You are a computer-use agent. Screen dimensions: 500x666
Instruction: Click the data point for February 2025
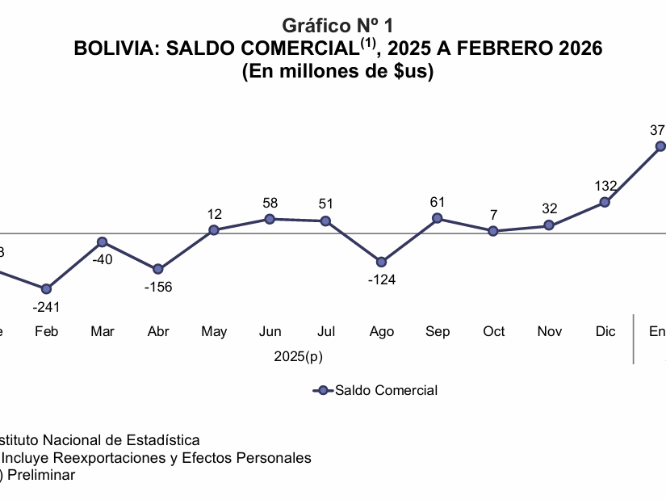pos(46,289)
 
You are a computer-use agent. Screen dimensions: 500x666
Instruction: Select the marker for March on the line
pos(103,242)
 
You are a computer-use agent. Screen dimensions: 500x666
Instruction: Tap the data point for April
pos(158,269)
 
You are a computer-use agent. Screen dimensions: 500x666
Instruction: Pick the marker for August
pos(382,263)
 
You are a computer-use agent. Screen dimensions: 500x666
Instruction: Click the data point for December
pos(605,202)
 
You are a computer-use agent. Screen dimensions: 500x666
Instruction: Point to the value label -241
pos(46,307)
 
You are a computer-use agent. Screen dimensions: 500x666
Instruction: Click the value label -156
pos(158,287)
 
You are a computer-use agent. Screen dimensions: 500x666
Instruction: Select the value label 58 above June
pos(270,203)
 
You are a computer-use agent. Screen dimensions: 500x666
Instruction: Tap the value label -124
pos(382,280)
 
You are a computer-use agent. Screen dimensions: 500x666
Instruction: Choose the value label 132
pos(605,186)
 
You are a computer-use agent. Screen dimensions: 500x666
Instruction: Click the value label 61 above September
pos(438,201)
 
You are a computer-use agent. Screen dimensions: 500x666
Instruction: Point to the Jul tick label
pos(326,331)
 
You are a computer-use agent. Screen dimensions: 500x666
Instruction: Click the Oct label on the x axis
pos(493,331)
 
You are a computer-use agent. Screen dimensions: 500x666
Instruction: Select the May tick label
pos(214,331)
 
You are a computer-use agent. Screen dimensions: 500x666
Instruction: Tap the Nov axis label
pos(550,331)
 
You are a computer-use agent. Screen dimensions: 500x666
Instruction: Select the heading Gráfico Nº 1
pos(338,26)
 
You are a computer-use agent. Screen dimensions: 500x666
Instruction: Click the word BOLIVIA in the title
pos(116,48)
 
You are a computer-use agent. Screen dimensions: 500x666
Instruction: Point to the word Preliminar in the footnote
pos(40,475)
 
